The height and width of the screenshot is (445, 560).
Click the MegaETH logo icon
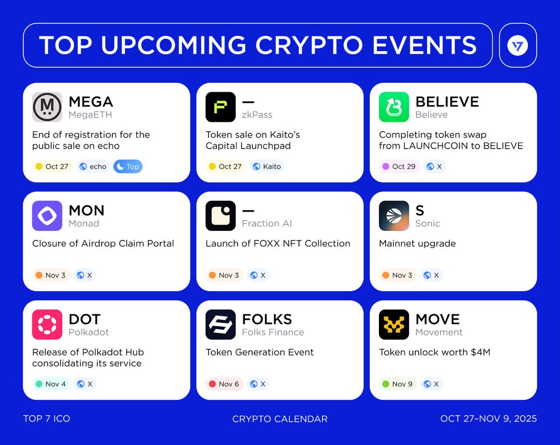tap(47, 107)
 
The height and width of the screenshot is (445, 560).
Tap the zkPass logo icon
tap(221, 107)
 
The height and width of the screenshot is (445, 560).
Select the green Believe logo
tap(394, 107)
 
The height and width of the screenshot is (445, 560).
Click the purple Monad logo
tap(47, 216)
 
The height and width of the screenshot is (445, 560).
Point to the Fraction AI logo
tap(221, 216)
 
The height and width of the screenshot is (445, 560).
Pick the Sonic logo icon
tap(394, 216)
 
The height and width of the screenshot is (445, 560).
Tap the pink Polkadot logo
tap(47, 325)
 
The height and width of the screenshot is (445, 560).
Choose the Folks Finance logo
tap(221, 325)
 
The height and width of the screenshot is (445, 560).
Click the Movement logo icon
tap(394, 325)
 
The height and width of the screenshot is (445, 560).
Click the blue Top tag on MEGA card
tap(128, 167)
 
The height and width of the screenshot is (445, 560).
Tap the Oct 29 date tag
tap(399, 167)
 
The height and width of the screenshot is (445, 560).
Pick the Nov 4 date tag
tap(51, 384)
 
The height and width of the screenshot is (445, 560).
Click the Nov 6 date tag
tap(224, 384)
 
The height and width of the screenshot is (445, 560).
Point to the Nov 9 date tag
tap(398, 384)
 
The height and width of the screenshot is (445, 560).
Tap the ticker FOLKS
tap(267, 320)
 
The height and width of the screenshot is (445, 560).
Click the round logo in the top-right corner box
tap(518, 46)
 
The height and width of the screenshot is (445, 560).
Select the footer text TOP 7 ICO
tap(47, 419)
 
